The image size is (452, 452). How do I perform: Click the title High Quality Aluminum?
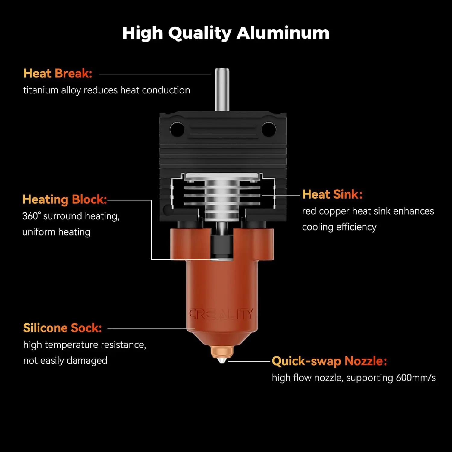pos(226,33)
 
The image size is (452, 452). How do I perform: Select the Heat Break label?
pos(58,74)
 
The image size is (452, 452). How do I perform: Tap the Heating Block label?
pos(65,200)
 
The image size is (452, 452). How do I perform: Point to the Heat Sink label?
pos(332,194)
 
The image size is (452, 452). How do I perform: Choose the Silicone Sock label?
pos(63,328)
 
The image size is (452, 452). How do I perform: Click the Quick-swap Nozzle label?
pos(329,361)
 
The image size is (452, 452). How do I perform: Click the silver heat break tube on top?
pos(222,90)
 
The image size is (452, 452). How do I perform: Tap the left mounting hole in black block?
pos(177,129)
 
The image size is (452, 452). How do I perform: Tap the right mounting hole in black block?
pos(269,129)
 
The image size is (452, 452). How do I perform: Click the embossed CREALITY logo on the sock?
pos(221,314)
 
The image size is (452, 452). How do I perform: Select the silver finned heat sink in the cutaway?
pos(222,196)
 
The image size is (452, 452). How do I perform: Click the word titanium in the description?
pos(41,90)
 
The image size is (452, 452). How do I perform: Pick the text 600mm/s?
pos(416,378)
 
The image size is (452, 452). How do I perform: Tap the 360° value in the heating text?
pos(31,216)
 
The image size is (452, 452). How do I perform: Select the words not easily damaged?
pos(65,361)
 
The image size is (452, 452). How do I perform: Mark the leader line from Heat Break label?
pos(155,74)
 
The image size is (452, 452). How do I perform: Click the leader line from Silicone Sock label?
pos(151,329)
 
